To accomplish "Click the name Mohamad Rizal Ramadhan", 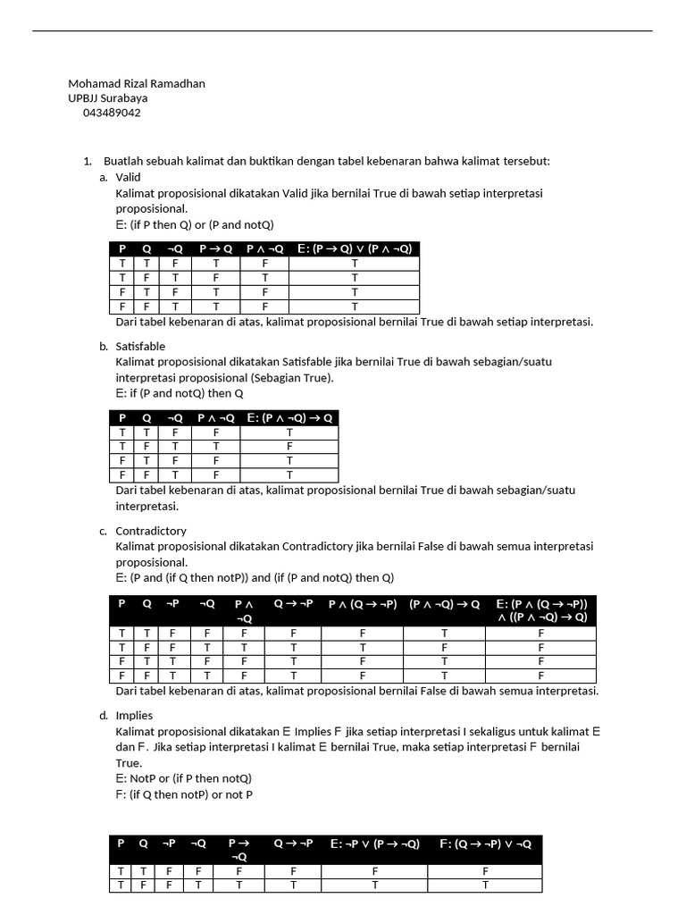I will (x=137, y=84).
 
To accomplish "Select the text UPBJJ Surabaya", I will (x=108, y=98).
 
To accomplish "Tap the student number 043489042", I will (x=111, y=113).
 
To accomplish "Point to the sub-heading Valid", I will (x=129, y=177).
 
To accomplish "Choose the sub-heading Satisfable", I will (x=140, y=346).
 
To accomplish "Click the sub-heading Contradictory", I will (x=151, y=531).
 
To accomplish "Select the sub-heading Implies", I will (x=134, y=715).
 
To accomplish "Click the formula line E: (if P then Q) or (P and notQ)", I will (x=195, y=224).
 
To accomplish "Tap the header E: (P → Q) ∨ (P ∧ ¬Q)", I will (x=354, y=249).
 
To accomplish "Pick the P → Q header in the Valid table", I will (x=215, y=249).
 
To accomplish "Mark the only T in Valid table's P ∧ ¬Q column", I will (x=264, y=278).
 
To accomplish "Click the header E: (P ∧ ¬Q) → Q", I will (x=289, y=417).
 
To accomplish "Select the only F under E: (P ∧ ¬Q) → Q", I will (x=289, y=446).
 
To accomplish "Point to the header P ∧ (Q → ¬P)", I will (x=363, y=604).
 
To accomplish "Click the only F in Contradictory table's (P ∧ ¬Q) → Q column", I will (x=444, y=647).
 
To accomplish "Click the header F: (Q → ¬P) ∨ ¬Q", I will (x=485, y=844).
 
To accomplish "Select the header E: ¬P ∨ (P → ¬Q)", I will (x=374, y=844).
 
